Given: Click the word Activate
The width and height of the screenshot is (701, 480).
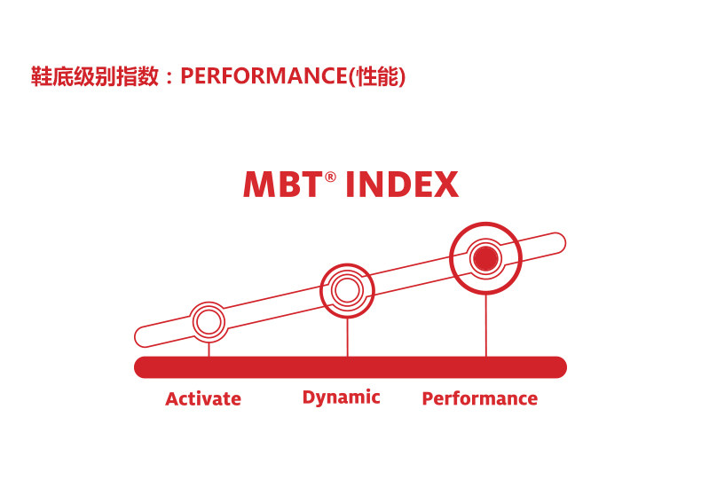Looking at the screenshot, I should coord(203,398).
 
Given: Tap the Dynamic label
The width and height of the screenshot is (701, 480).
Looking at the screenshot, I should coord(341,397).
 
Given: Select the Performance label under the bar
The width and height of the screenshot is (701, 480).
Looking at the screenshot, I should coord(479,398).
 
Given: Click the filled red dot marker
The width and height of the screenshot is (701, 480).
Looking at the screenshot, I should coord(485,258).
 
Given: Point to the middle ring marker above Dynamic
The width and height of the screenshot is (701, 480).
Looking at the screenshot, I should coord(347,290).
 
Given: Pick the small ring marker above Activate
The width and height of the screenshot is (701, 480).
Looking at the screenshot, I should coord(209,321).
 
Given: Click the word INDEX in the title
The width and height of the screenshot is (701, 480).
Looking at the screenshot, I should coord(402,185).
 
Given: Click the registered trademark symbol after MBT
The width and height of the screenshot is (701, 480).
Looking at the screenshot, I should coord(330,177).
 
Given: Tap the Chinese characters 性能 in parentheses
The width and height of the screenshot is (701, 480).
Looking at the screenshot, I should coord(376,77).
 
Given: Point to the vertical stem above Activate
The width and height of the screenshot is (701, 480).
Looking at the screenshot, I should coord(209,348).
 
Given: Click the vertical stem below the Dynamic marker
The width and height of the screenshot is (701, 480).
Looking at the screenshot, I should coord(347,337).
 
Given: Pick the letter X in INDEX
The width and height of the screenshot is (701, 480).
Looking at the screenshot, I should coord(446,185).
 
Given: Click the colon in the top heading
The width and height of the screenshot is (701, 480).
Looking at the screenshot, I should coord(169,78).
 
